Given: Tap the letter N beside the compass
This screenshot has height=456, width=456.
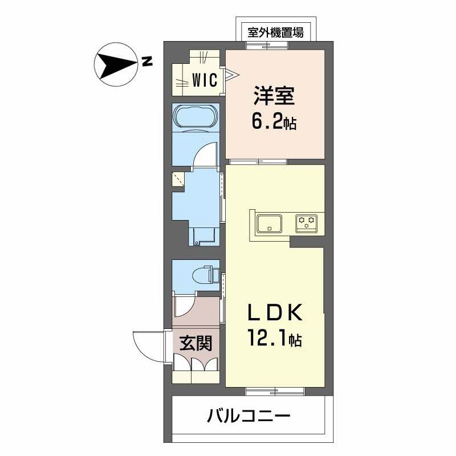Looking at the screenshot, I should coord(147,62).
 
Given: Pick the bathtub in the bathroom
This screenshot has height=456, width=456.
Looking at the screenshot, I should coord(195,119).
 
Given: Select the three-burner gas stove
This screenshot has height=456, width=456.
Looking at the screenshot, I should coord(306,223).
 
